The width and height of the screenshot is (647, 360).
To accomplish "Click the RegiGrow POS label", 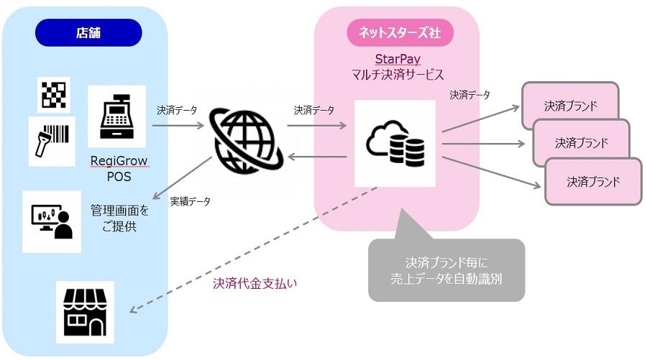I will (x=119, y=169).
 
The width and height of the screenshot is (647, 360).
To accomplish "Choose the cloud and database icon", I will (x=395, y=142).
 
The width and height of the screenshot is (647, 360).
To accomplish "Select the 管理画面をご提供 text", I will (x=119, y=219).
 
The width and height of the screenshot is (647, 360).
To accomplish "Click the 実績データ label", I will (x=190, y=201).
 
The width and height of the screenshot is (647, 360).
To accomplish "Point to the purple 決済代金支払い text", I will (x=254, y=283).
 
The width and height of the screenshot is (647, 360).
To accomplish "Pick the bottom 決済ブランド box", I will (x=592, y=182).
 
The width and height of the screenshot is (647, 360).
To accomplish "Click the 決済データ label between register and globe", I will (x=177, y=111).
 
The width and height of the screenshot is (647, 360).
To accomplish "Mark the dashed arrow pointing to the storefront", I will (x=252, y=251).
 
